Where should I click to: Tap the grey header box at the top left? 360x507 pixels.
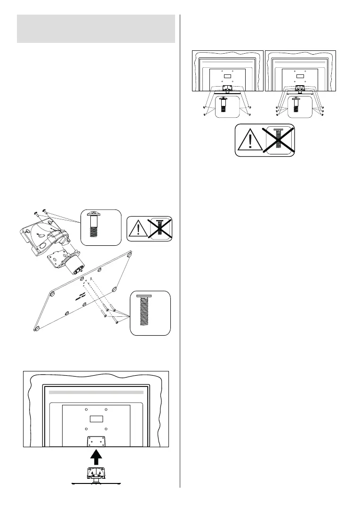pos(96,29)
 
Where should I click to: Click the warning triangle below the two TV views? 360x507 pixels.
pos(249,140)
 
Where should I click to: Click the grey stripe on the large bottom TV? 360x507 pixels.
pos(96,392)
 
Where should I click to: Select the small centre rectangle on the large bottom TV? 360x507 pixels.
pos(96,419)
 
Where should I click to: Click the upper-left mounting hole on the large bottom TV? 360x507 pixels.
pos(86,409)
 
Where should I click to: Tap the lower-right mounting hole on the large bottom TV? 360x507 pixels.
pos(106,429)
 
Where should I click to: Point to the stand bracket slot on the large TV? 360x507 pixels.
pos(96,442)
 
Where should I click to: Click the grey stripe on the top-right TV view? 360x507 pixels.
pos(300,62)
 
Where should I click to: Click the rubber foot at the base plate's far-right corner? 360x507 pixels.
pos(129,255)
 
